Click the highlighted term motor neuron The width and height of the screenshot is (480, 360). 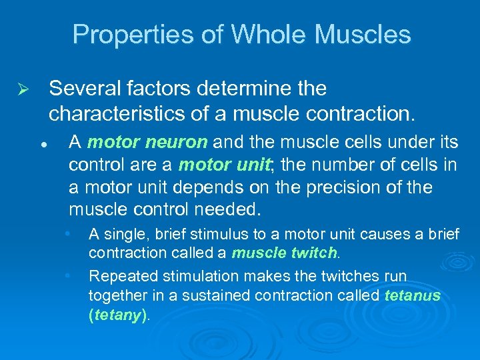[147, 142]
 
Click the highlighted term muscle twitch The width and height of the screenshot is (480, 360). [285, 253]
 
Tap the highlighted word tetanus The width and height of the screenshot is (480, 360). [413, 296]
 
